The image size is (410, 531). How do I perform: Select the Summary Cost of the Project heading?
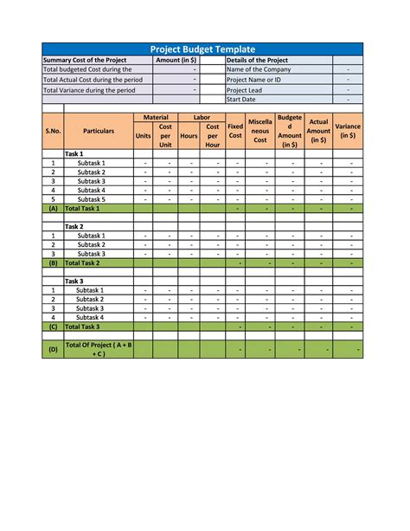pyautogui.click(x=85, y=61)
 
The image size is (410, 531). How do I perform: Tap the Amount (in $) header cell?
pyautogui.click(x=176, y=61)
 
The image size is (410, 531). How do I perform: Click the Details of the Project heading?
pyautogui.click(x=257, y=61)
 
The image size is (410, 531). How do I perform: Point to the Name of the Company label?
pyautogui.click(x=259, y=70)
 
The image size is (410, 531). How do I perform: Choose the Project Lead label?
pyautogui.click(x=244, y=89)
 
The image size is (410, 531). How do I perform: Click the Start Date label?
pyautogui.click(x=241, y=100)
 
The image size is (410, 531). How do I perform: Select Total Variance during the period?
pyautogui.click(x=89, y=89)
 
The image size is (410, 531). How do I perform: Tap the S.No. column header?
pyautogui.click(x=53, y=131)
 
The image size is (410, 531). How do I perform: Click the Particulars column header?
pyautogui.click(x=99, y=131)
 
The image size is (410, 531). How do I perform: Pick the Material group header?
pyautogui.click(x=155, y=117)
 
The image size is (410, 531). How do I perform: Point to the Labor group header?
pyautogui.click(x=202, y=117)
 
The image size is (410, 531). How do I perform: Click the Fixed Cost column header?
pyautogui.click(x=235, y=131)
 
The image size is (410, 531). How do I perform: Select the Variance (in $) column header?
pyautogui.click(x=349, y=131)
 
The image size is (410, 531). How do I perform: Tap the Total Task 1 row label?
pyautogui.click(x=83, y=209)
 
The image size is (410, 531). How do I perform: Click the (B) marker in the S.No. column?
pyautogui.click(x=53, y=262)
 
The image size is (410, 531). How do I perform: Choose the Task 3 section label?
pyautogui.click(x=74, y=282)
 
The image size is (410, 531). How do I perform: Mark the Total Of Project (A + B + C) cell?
pyautogui.click(x=98, y=349)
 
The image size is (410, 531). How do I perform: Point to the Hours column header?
pyautogui.click(x=189, y=135)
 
